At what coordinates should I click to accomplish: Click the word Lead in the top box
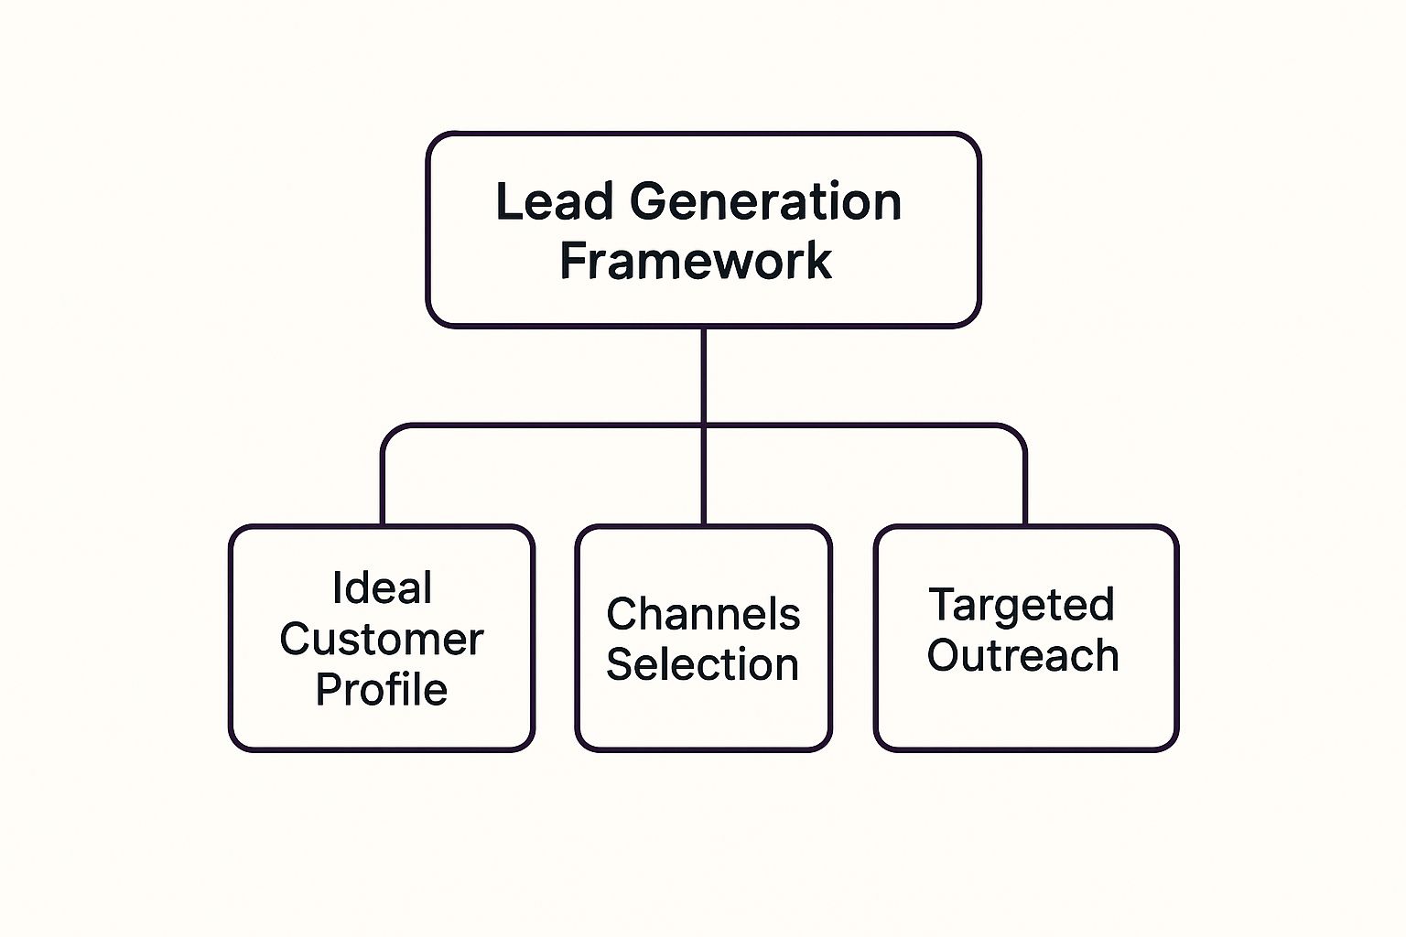coord(553,202)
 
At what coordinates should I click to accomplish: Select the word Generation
coord(765,202)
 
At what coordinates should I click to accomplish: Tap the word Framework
coord(696,262)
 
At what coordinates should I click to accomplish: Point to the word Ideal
coord(382,588)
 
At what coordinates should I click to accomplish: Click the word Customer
coord(382,639)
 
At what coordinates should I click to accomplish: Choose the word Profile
coord(382,690)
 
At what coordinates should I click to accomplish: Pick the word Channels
coord(703,614)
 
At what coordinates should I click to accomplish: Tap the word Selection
coord(703,665)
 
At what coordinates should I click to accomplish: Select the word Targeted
coord(1022,605)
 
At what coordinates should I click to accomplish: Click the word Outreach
coord(1022,656)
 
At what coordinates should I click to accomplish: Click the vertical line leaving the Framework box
coord(703,375)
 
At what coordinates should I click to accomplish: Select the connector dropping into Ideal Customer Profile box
coord(383,485)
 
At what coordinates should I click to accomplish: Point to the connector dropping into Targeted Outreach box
coord(1024,485)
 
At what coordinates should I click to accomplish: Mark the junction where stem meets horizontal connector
coord(703,425)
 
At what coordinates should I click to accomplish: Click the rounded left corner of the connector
coord(390,433)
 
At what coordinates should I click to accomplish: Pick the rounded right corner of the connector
coord(1017,433)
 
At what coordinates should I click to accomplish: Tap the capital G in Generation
coord(649,202)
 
